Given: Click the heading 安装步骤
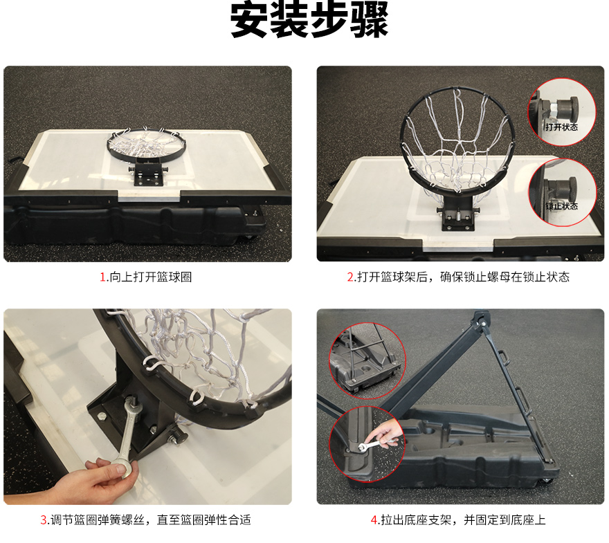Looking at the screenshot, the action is [x=309, y=19].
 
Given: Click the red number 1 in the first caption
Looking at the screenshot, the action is [x=103, y=277].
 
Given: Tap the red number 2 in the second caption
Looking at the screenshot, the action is [x=350, y=277].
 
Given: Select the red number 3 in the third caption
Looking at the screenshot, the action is [x=44, y=520].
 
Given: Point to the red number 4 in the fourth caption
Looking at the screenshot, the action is [x=374, y=520].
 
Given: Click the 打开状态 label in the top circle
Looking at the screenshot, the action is [x=561, y=127].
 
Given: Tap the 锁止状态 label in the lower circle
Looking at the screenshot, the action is [x=562, y=206].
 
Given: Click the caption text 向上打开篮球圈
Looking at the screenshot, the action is [x=151, y=277].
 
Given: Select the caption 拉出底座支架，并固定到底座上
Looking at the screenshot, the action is [x=463, y=520].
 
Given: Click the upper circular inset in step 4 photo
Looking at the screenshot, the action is [x=367, y=361].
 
